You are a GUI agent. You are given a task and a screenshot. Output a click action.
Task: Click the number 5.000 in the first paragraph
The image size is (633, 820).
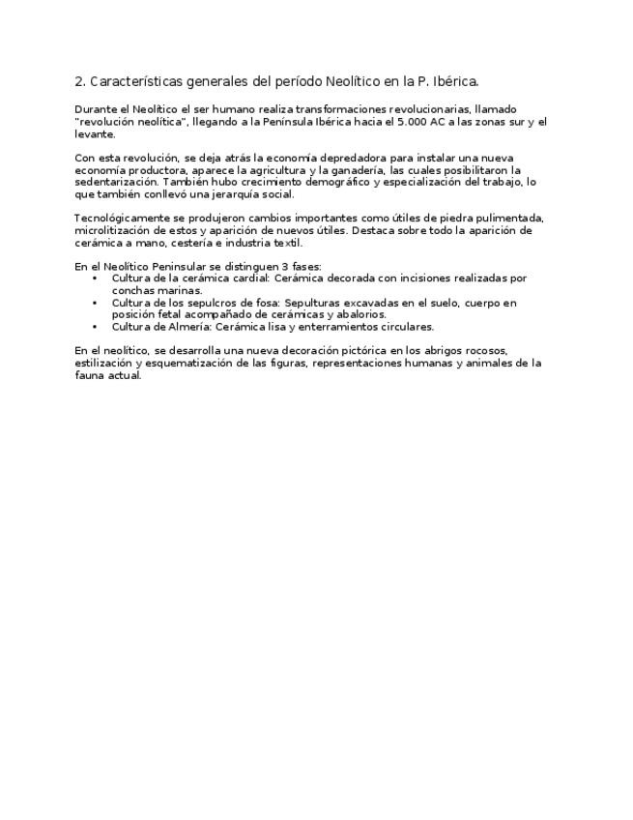tap(413, 122)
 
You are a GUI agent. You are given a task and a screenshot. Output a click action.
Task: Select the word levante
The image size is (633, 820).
tap(95, 134)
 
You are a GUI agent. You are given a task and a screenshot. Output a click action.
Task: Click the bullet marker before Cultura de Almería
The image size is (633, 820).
tap(95, 327)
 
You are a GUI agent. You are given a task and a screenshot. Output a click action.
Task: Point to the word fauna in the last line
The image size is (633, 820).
tap(90, 375)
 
